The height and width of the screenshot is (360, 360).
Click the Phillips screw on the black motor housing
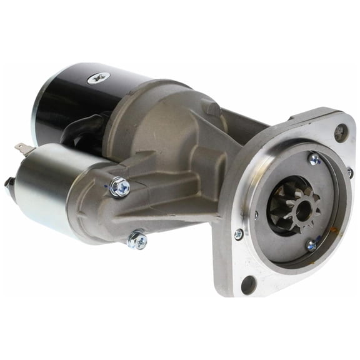click(x=99, y=77)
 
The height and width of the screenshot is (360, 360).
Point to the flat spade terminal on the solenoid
click(x=23, y=149)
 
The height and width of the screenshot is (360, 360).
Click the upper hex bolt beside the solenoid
click(x=119, y=186)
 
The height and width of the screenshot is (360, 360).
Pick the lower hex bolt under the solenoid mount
click(x=137, y=239)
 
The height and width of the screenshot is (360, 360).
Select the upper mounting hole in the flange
click(x=341, y=132)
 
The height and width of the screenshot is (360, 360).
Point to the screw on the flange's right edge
click(x=349, y=171)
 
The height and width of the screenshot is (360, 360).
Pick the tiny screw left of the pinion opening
click(x=256, y=215)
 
